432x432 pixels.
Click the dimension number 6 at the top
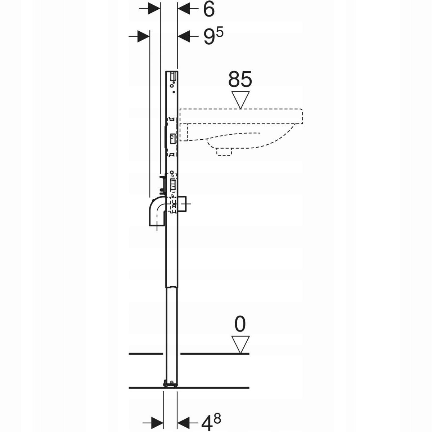point(209,10)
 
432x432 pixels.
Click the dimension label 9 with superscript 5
point(213,37)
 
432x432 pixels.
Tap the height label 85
point(240,79)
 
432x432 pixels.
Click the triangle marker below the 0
point(240,345)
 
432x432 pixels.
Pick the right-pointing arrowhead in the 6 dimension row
point(154,9)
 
